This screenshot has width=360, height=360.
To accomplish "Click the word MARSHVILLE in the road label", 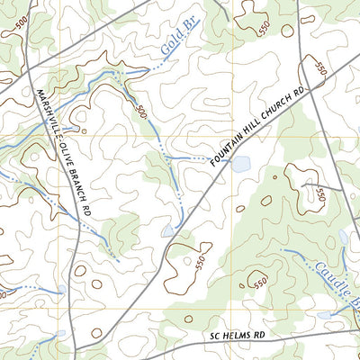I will [x=47, y=116].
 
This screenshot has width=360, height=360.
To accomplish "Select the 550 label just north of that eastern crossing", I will [x=319, y=66].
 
